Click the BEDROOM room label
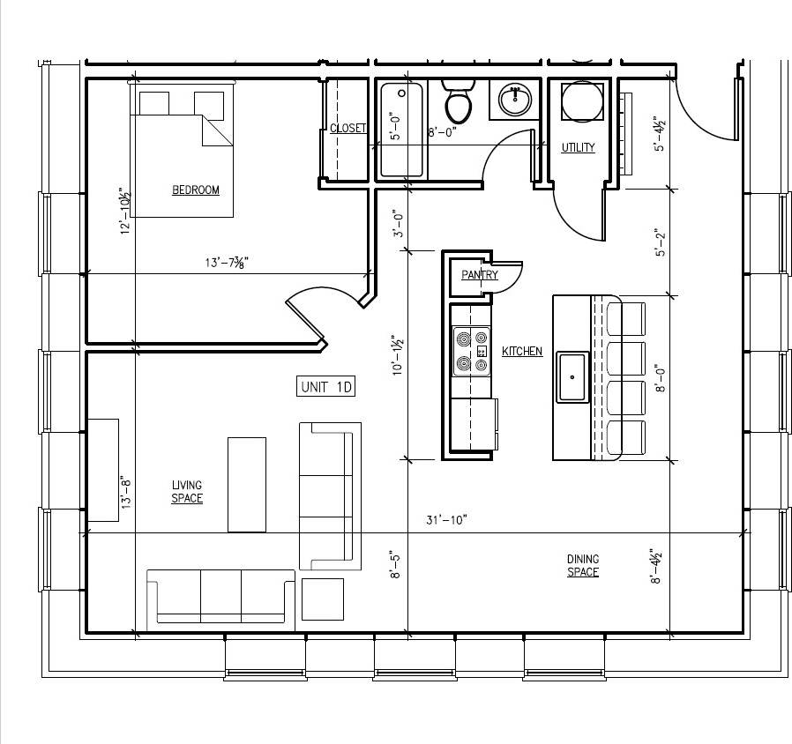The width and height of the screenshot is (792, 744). click(195, 190)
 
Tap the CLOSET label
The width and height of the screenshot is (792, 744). click(347, 129)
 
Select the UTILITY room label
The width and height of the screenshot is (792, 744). click(578, 147)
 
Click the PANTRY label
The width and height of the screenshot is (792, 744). click(479, 275)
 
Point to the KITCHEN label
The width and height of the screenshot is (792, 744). click(522, 352)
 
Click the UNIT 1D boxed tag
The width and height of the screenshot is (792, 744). click(326, 386)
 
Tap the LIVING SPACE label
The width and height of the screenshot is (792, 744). click(187, 492)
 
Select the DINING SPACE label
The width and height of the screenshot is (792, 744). click(582, 565)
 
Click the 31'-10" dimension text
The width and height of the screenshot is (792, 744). click(446, 520)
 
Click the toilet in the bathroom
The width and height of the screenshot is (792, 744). click(458, 102)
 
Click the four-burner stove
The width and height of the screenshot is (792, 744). click(471, 349)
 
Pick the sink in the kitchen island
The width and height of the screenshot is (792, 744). click(572, 376)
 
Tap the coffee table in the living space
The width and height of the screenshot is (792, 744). click(247, 484)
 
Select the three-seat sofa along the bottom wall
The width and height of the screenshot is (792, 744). click(220, 596)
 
